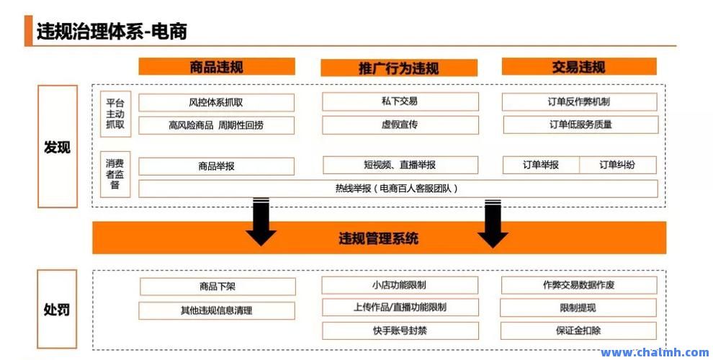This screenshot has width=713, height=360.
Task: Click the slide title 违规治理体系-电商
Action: coord(112,32)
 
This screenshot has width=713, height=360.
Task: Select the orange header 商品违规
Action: coord(217,67)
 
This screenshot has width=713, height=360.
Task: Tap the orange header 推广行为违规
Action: coord(399,68)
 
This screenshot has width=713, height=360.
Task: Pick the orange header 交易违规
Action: coord(579,67)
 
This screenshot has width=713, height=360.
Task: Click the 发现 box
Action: coord(58,146)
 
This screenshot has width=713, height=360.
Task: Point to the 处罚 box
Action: coord(57,309)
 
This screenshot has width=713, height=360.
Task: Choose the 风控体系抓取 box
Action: coord(217,102)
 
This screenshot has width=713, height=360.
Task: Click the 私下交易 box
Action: coord(400,102)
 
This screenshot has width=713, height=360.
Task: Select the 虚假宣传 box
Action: coord(400,125)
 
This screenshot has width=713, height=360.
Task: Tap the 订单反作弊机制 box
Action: coord(579,102)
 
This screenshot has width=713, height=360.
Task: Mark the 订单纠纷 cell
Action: coord(617,165)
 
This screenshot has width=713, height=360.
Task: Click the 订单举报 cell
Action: coord(541,165)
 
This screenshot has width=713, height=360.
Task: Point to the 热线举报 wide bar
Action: coord(398,189)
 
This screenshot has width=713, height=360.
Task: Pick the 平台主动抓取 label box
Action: coord(115,114)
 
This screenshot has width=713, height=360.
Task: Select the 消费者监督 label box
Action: coord(115,174)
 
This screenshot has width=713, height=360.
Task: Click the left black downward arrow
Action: coord(261,222)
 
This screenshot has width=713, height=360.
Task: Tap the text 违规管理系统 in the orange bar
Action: coord(379,238)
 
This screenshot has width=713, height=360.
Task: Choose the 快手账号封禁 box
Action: coord(400,331)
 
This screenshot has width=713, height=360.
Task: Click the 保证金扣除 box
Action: coord(578,330)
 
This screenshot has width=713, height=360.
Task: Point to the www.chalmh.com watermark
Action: coord(655,352)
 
